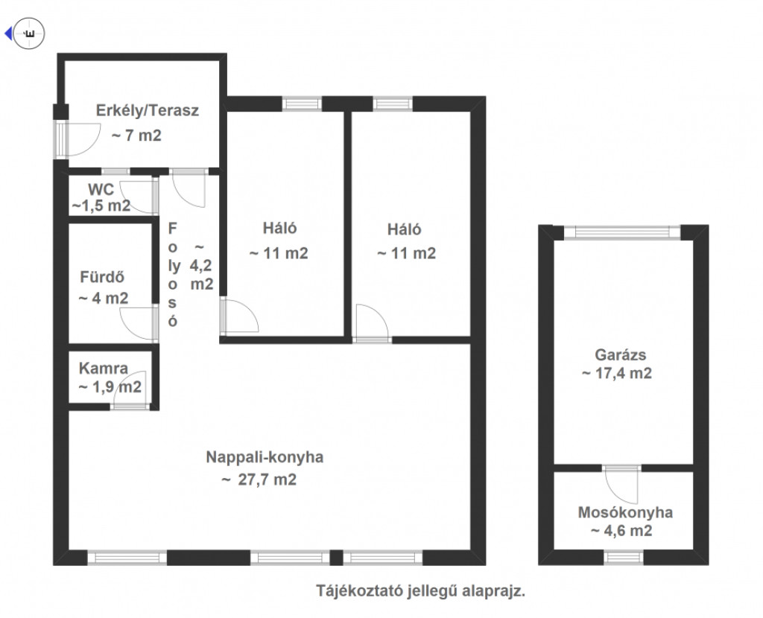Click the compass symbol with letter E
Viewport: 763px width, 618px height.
tap(29, 34)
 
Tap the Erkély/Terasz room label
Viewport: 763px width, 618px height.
tap(148, 111)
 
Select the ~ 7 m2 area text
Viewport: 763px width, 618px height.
tap(136, 136)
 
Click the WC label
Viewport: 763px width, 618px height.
tap(101, 189)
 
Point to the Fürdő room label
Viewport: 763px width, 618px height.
tap(102, 277)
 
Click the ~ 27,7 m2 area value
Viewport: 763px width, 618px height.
tap(259, 480)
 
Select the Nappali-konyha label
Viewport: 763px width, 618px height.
tap(265, 457)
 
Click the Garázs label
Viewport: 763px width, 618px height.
tap(621, 355)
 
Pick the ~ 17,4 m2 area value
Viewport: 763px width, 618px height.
tap(616, 374)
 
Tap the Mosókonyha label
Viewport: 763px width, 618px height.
tap(625, 512)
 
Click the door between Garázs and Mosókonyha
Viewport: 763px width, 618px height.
tap(621, 484)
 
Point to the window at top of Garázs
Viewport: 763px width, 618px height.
tap(622, 232)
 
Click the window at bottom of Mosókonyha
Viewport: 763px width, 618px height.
tap(624, 557)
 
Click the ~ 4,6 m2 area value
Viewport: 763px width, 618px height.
tap(621, 531)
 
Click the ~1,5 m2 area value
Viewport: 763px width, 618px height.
tap(101, 206)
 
